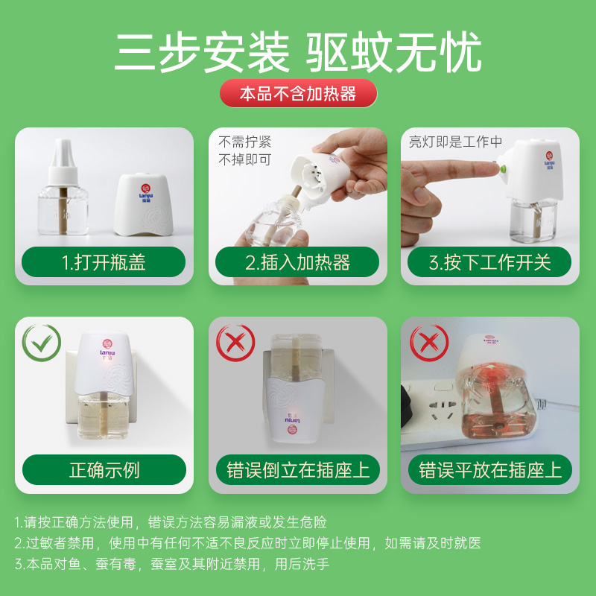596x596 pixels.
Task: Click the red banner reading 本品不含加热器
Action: point(299,93)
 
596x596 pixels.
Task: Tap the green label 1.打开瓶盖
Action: point(104,262)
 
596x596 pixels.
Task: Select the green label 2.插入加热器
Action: point(297,262)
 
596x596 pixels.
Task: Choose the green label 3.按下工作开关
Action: point(489,262)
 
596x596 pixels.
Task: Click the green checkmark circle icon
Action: point(42,343)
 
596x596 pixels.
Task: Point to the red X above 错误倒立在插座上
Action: point(235,343)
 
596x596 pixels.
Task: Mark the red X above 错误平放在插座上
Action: point(430,343)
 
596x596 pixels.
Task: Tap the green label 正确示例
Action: point(104,469)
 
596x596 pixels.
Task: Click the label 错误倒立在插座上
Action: point(298,469)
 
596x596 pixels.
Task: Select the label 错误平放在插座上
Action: point(490,469)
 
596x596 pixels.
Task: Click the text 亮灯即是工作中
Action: point(455,142)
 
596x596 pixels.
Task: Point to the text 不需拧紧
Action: point(245,142)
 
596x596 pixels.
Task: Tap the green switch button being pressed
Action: point(504,168)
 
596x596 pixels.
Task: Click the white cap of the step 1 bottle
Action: point(63,162)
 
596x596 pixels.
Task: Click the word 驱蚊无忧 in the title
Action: point(394,52)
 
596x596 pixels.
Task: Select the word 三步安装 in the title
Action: point(202,52)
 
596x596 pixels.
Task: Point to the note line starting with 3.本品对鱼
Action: point(172,564)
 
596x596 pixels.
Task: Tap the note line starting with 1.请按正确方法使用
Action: point(171,522)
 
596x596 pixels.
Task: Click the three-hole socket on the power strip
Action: point(443,408)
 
